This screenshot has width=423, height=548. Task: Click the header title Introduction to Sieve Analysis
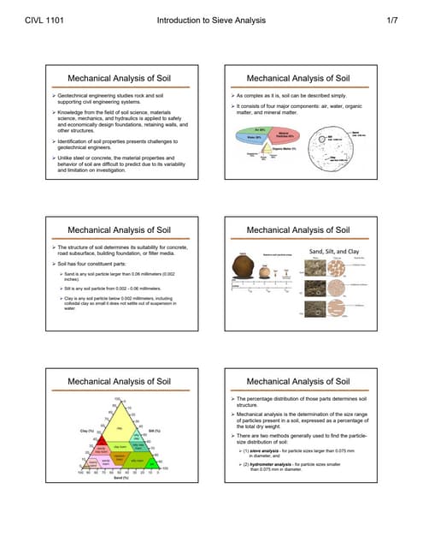click(212, 18)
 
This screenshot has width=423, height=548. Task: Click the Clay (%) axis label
click(85, 430)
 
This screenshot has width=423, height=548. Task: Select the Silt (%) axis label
click(155, 430)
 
